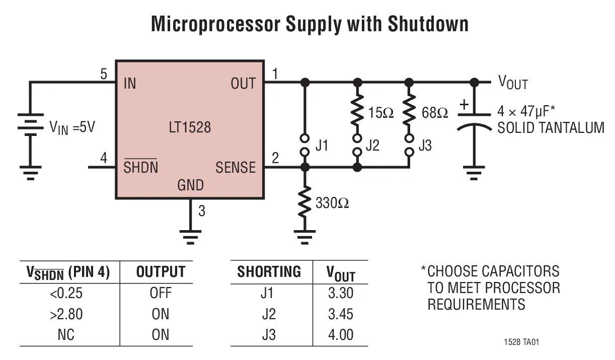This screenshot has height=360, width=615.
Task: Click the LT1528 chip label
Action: pos(190,127)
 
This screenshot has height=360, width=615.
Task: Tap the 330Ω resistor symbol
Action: pos(304,202)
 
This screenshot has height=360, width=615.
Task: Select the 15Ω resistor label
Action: pos(381,113)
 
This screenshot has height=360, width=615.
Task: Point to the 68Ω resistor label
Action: pos(435,113)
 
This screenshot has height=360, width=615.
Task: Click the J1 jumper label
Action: pos(322,146)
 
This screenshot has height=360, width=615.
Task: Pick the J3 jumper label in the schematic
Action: pos(425,146)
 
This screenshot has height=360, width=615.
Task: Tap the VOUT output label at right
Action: pos(513,83)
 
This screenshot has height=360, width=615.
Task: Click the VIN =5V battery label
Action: pos(72,127)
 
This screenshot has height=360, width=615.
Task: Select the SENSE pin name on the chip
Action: pos(235,168)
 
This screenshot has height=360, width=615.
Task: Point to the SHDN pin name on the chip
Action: pos(140,168)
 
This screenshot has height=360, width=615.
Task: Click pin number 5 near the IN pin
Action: pos(104,75)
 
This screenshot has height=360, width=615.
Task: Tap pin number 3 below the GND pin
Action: pos(202,211)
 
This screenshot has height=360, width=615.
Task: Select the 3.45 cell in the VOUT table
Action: pos(341,314)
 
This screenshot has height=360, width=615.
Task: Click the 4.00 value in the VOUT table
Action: pos(341,335)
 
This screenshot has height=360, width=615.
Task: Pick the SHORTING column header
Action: pos(269,272)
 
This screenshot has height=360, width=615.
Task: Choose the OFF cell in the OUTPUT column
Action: pos(161,293)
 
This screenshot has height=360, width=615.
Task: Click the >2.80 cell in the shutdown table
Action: pos(66,314)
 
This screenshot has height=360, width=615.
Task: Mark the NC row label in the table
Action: pos(66,335)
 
